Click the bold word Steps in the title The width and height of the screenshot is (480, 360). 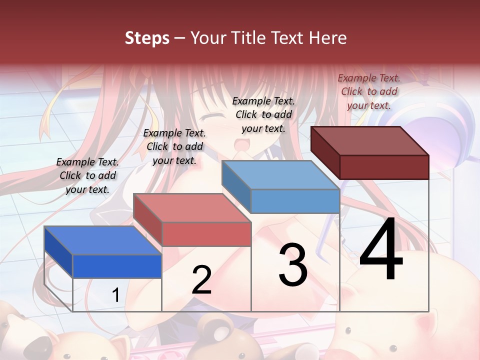pyautogui.click(x=147, y=38)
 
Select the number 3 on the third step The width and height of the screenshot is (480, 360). pyautogui.click(x=293, y=265)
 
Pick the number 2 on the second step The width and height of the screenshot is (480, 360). pyautogui.click(x=201, y=279)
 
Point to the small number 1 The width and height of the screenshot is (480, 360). pyautogui.click(x=116, y=295)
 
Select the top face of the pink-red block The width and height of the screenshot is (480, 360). pyautogui.click(x=192, y=208)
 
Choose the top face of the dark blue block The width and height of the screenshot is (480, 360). pyautogui.click(x=103, y=240)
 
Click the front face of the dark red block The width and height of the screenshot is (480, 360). pyautogui.click(x=384, y=167)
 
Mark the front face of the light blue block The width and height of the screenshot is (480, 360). pyautogui.click(x=295, y=201)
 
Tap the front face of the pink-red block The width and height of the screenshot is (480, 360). pyautogui.click(x=206, y=234)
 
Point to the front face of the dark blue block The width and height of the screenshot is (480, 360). pyautogui.click(x=117, y=266)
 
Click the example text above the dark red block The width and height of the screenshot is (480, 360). pyautogui.click(x=369, y=91)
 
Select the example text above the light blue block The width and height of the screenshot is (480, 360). pyautogui.click(x=263, y=114)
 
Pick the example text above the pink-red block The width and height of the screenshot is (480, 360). pyautogui.click(x=174, y=146)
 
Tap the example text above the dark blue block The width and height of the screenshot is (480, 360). pyautogui.click(x=87, y=175)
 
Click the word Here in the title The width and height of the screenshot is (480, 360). pyautogui.click(x=328, y=38)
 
